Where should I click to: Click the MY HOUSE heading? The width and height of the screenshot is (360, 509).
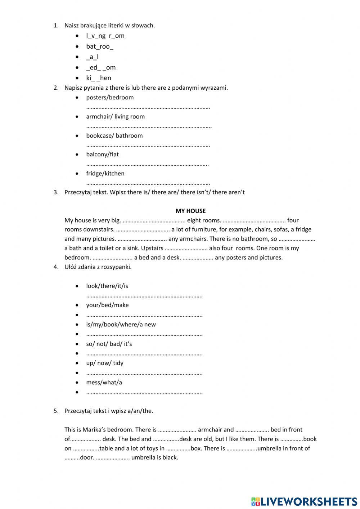pyautogui.click(x=190, y=211)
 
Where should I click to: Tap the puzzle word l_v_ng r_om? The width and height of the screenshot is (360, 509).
pyautogui.click(x=105, y=36)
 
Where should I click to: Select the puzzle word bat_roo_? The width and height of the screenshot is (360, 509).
pyautogui.click(x=99, y=46)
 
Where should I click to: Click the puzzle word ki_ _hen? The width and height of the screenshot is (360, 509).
pyautogui.click(x=98, y=78)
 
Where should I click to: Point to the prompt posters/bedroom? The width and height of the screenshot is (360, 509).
pyautogui.click(x=110, y=98)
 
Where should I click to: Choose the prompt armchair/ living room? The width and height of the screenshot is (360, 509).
pyautogui.click(x=115, y=117)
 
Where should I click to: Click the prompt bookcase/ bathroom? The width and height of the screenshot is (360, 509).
pyautogui.click(x=114, y=136)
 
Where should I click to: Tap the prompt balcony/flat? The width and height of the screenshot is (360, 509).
pyautogui.click(x=102, y=155)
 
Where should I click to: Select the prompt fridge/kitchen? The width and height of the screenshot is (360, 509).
pyautogui.click(x=105, y=174)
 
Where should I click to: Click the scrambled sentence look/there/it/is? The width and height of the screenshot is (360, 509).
pyautogui.click(x=107, y=286)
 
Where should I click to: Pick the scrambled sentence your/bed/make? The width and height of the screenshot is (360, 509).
pyautogui.click(x=107, y=305)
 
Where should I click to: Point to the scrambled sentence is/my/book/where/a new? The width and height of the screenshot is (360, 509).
pyautogui.click(x=121, y=325)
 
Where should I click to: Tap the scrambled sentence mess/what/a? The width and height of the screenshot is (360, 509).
pyautogui.click(x=104, y=383)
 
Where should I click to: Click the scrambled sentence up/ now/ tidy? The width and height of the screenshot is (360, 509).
pyautogui.click(x=104, y=363)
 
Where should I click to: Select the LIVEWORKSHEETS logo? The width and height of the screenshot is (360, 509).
pyautogui.click(x=304, y=501)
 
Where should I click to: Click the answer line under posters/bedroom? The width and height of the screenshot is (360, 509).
pyautogui.click(x=148, y=107)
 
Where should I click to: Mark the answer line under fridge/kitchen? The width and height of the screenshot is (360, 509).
pyautogui.click(x=148, y=183)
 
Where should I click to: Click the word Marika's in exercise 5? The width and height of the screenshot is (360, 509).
pyautogui.click(x=94, y=430)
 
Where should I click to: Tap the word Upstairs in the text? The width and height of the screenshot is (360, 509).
pyautogui.click(x=152, y=248)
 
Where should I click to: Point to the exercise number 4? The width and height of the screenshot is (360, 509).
pyautogui.click(x=56, y=267)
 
